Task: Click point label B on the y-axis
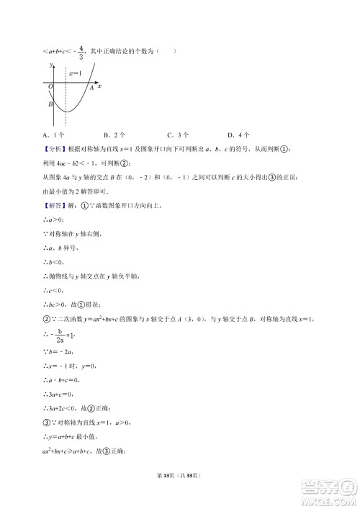50,104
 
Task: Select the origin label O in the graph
51,86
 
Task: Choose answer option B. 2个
114,135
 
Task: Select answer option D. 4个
238,135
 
